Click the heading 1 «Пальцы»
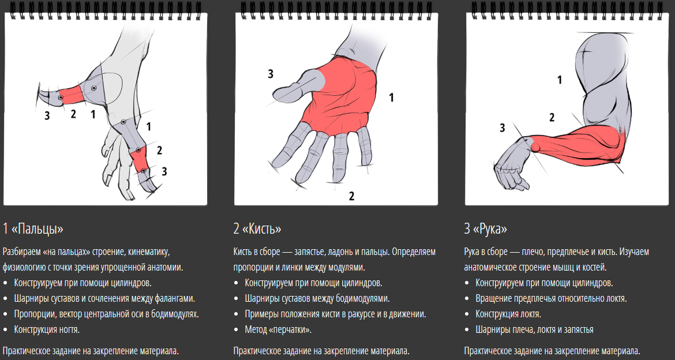(33, 228)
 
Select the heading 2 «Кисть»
(257, 228)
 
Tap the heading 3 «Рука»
(486, 228)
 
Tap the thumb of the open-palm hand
(297, 85)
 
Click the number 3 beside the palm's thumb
(271, 74)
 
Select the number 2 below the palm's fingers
(351, 196)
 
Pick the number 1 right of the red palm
(391, 97)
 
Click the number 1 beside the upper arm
(559, 80)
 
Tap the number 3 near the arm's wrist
(502, 128)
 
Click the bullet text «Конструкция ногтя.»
(47, 329)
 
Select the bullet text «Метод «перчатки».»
(278, 329)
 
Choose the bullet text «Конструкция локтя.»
(508, 314)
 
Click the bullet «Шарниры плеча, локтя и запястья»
(535, 329)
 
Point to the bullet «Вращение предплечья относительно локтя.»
(551, 298)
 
